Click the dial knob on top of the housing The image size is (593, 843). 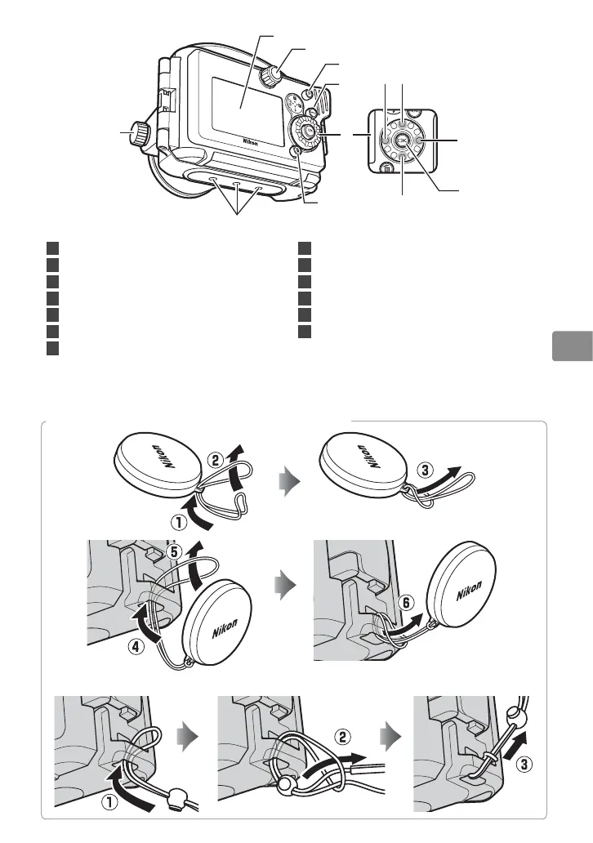click(272, 75)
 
